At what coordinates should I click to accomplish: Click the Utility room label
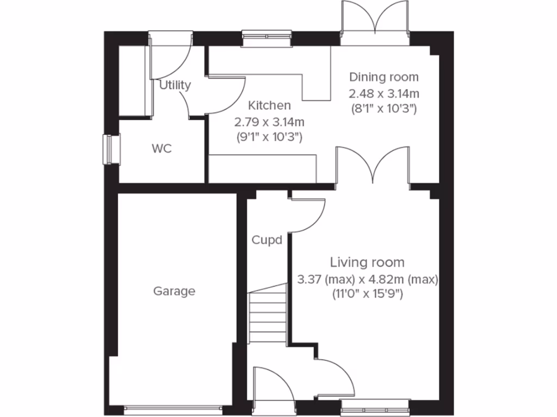point(175,85)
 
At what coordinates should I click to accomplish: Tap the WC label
point(162,148)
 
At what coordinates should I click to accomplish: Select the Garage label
point(174,291)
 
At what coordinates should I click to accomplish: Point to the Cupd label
point(267,239)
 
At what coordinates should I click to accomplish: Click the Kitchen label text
point(269,105)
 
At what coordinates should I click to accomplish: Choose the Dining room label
point(384,77)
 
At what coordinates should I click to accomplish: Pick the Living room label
point(368,263)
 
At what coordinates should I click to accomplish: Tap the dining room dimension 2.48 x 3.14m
point(384,93)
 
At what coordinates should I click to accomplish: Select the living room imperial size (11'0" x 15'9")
point(368,295)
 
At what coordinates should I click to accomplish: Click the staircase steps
point(268,318)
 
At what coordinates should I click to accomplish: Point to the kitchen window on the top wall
point(267,36)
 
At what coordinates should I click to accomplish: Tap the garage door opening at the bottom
point(174,406)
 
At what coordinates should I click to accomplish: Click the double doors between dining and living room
point(373,166)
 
